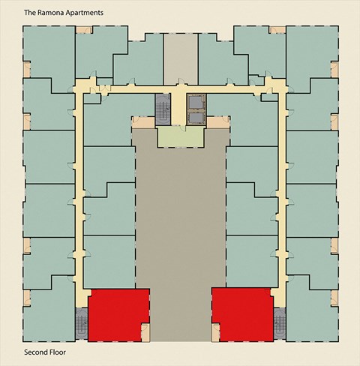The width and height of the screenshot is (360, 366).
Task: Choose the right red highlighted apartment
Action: (242, 314)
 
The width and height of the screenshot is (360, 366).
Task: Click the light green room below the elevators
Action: (180, 136)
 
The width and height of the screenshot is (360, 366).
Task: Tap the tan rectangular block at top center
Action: (180, 55)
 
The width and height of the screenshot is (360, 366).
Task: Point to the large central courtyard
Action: (180, 217)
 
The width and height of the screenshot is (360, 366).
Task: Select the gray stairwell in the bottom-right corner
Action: (280, 322)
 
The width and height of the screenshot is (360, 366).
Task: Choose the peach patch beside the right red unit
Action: (216, 328)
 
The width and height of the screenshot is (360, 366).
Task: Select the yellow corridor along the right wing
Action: (282, 195)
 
